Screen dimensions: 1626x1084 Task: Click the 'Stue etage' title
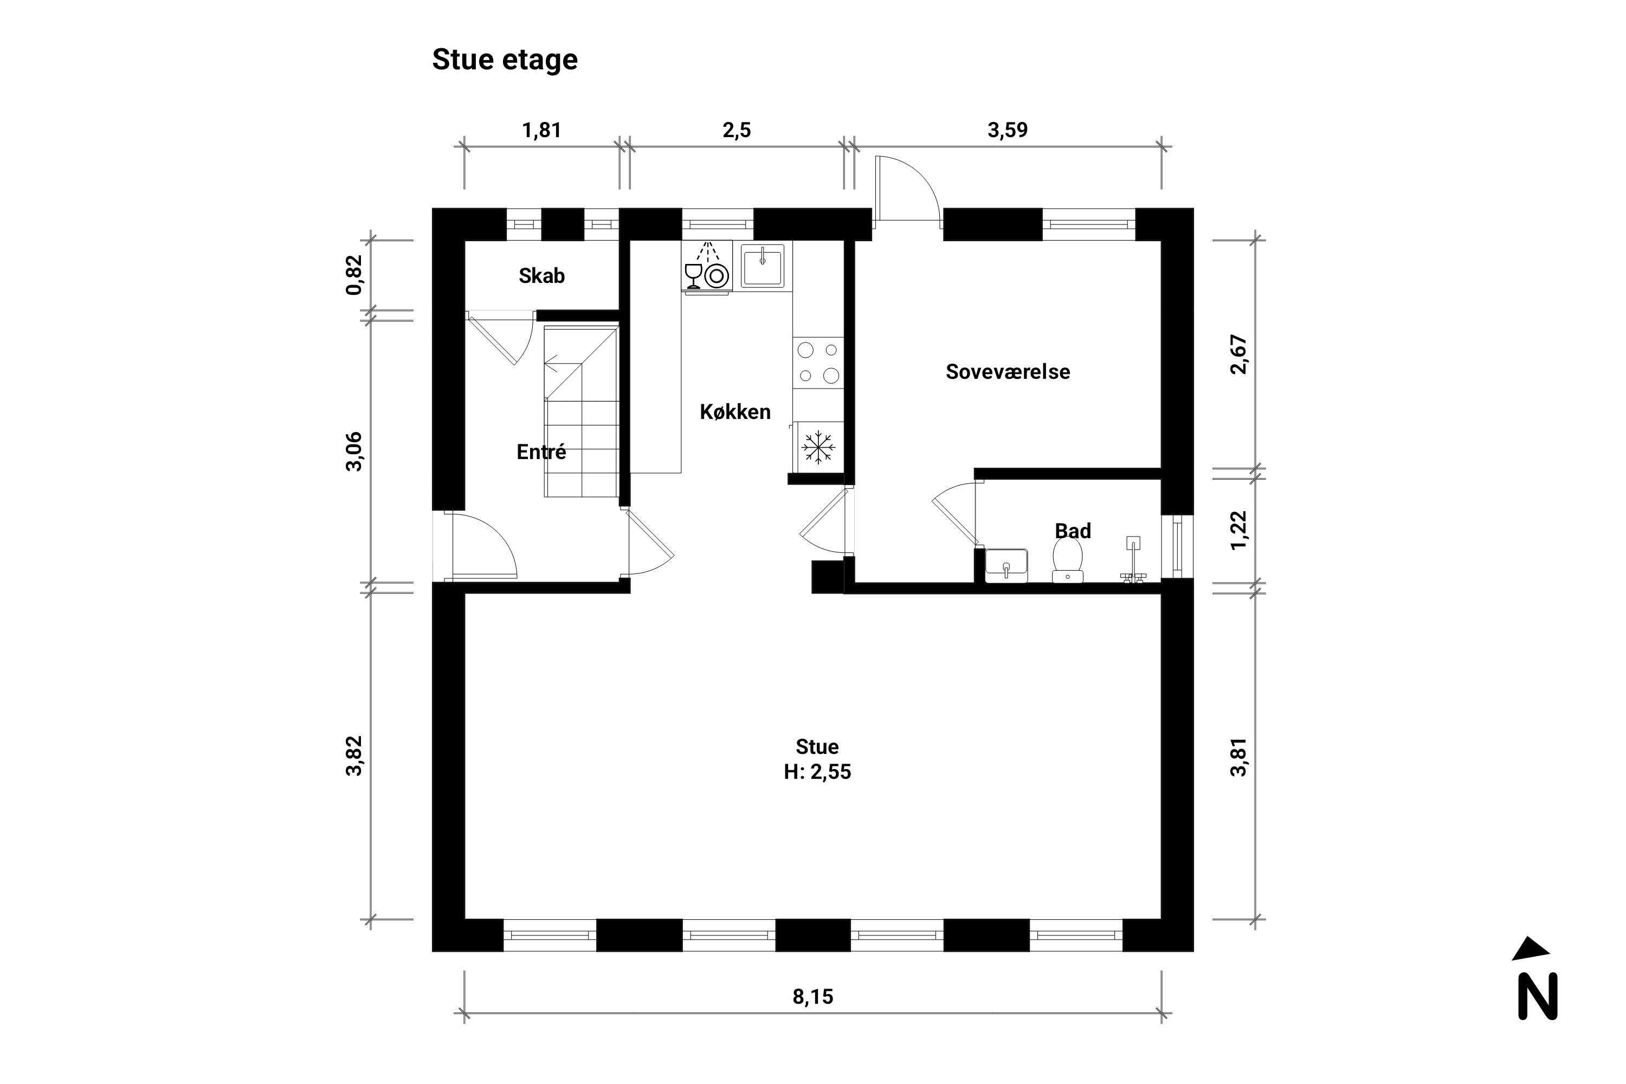505,60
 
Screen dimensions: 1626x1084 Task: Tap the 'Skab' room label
541,276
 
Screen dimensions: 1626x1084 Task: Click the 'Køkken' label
735,412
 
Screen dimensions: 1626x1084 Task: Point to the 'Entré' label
541,451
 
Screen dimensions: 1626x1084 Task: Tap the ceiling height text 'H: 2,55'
817,771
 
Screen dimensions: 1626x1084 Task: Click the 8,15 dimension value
813,997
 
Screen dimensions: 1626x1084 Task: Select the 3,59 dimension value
1007,130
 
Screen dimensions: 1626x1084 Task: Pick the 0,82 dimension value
354,275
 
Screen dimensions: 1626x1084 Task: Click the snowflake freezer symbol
818,447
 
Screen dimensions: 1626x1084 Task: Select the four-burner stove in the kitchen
818,362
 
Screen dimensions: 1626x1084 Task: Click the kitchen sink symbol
763,266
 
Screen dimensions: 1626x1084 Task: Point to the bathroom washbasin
1006,565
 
